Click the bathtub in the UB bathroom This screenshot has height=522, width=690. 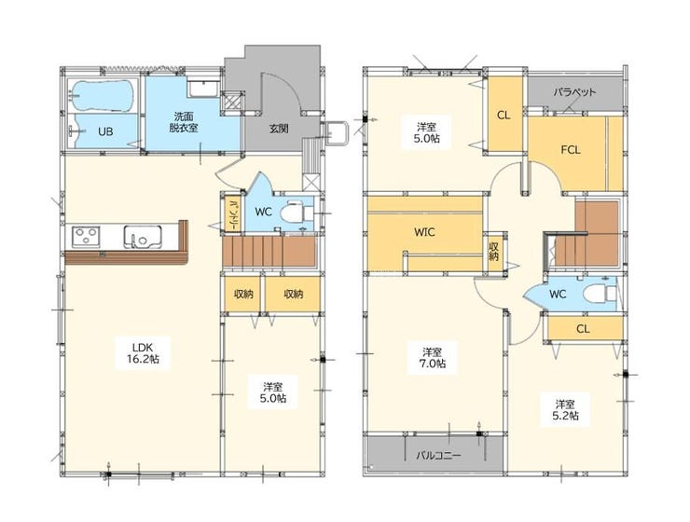pos(103,95)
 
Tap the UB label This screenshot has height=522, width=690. pos(105,131)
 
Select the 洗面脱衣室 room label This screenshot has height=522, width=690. pos(183,122)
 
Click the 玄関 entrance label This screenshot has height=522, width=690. pos(279,129)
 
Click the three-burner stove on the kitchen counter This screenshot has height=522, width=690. pos(86,237)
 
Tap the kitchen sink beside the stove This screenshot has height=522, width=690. pos(143,237)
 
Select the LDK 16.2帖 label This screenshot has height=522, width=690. pos(143,352)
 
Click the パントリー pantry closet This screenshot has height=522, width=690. pos(231,213)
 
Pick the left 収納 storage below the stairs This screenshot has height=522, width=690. pos(242,294)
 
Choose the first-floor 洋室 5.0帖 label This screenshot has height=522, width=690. pos(273,392)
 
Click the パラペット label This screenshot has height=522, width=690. pos(574,92)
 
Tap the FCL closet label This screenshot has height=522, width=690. pos(571,150)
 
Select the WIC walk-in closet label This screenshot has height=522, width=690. pos(424,232)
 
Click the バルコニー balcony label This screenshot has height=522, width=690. pos(438,455)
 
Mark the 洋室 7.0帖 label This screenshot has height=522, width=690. pos(432,358)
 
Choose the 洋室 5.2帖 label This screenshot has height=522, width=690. pos(565,409)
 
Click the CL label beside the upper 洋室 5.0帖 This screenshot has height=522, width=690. pos(504,116)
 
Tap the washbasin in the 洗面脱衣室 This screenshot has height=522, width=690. pos(204,89)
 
